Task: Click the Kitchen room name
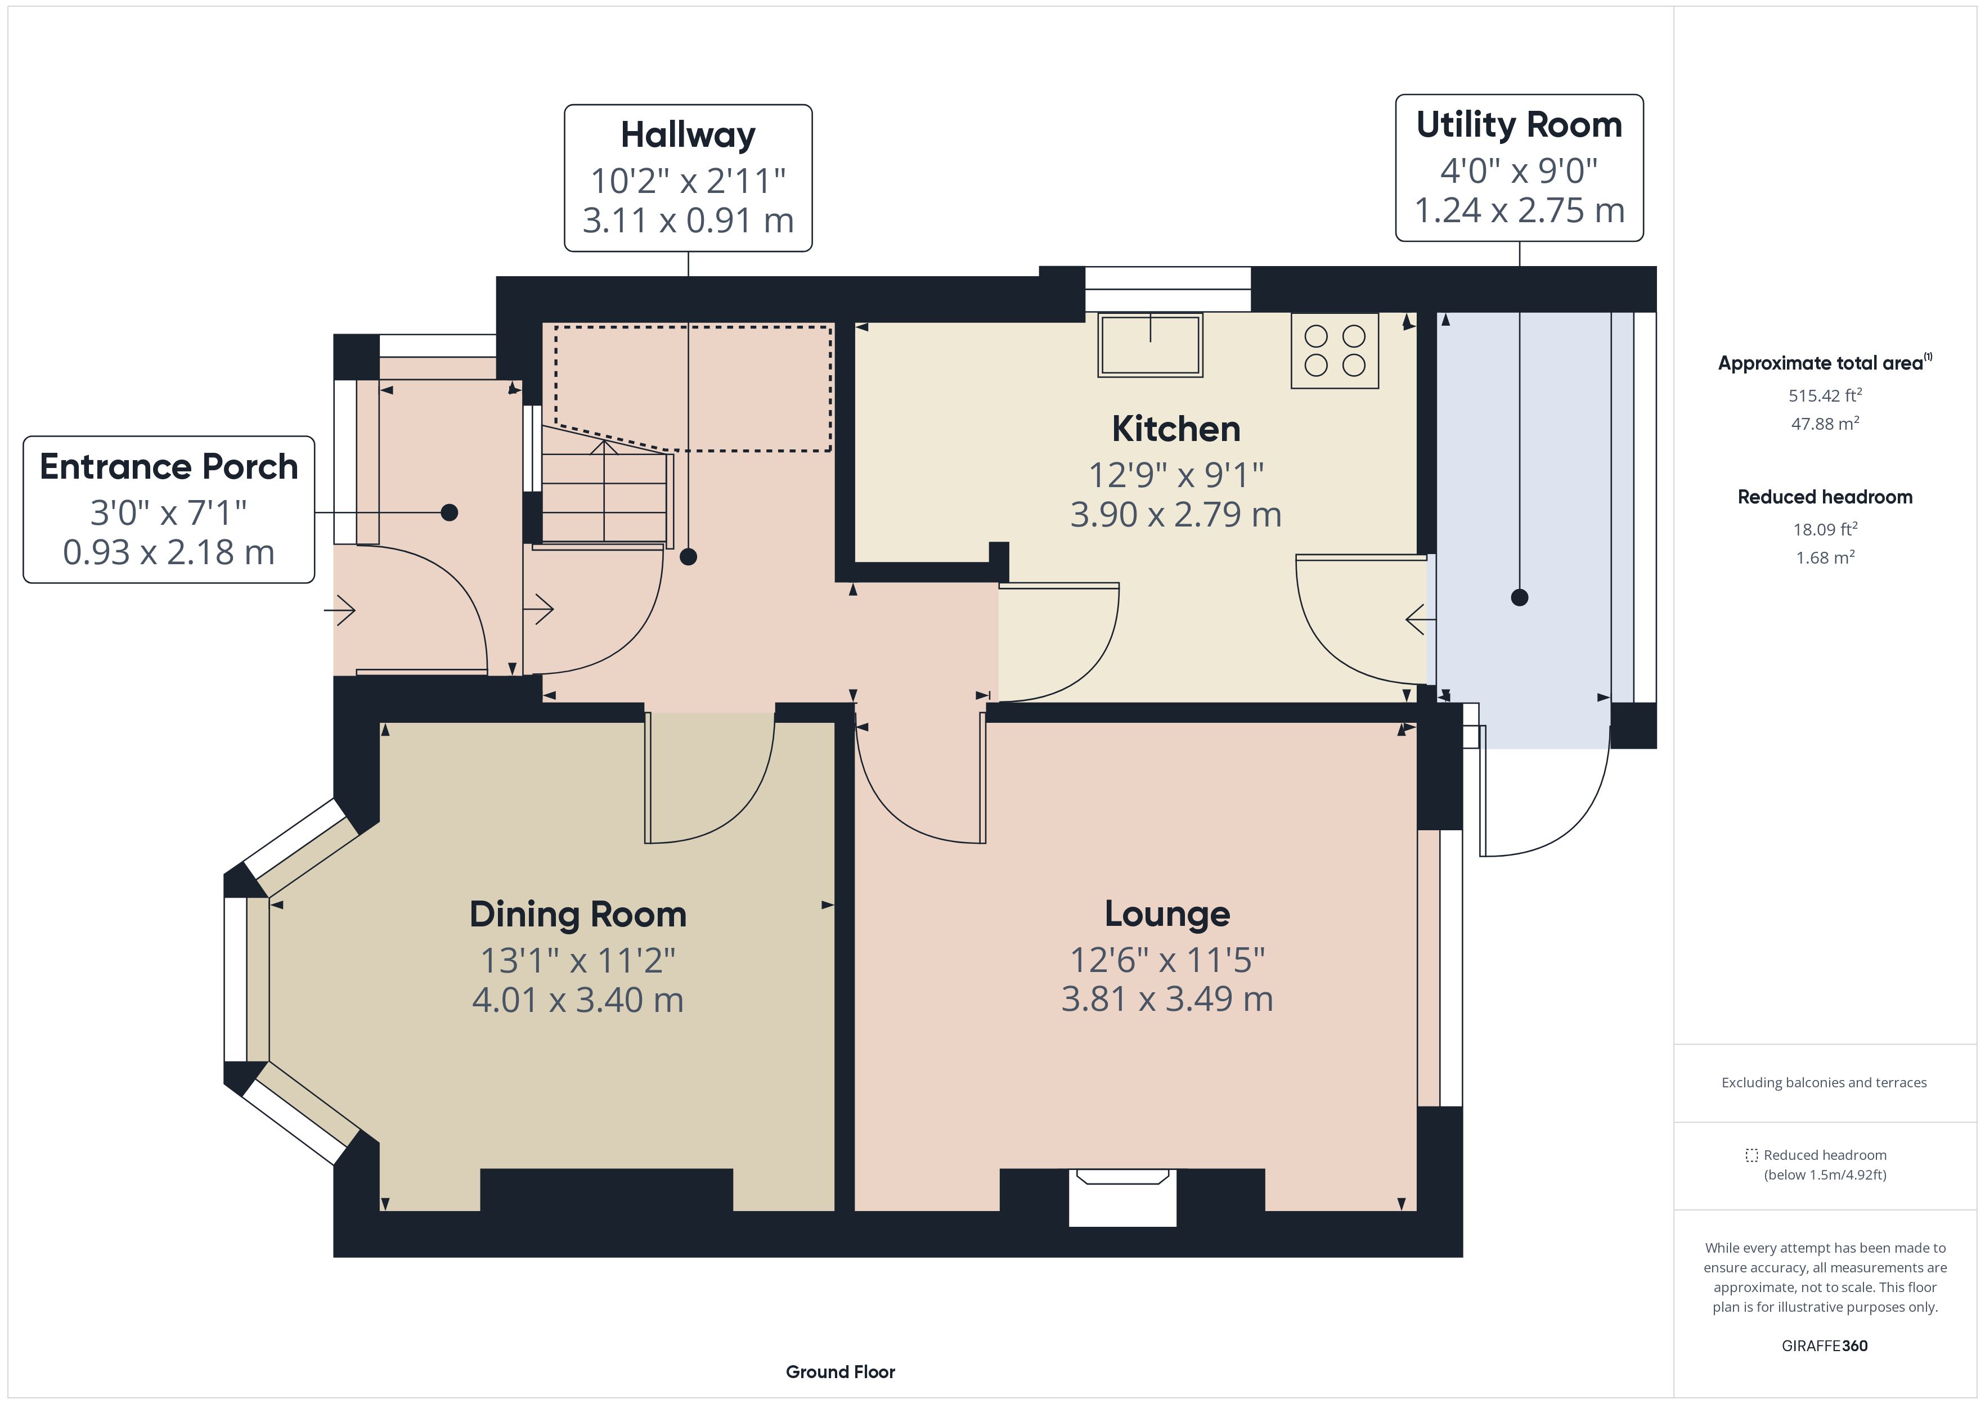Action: pos(1176,429)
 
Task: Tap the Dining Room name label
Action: pos(577,915)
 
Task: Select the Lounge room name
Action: pos(1167,914)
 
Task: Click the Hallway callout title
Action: pos(688,135)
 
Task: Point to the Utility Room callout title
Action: pos(1519,125)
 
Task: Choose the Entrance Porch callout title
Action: pos(169,467)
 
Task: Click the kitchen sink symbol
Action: pos(1150,344)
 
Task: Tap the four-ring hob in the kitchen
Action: pos(1335,350)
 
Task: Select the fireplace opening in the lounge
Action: pos(1122,1198)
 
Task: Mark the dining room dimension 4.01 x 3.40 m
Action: pos(577,1000)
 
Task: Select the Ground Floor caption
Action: pos(841,1372)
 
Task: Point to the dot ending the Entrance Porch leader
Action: pos(450,512)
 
